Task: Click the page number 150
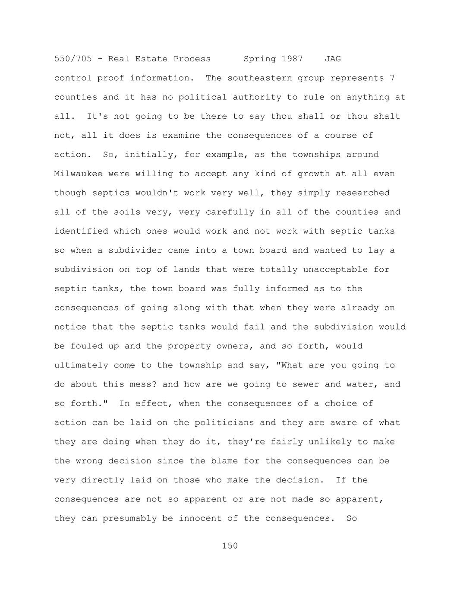tap(230, 546)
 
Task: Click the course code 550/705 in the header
tap(73, 59)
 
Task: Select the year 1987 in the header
tap(292, 59)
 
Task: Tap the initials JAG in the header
tap(333, 59)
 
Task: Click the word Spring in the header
tap(260, 59)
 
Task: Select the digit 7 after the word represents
tap(392, 78)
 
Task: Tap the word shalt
tap(387, 116)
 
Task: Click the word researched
tap(362, 193)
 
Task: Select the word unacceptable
tap(335, 269)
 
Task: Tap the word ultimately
tap(81, 365)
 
